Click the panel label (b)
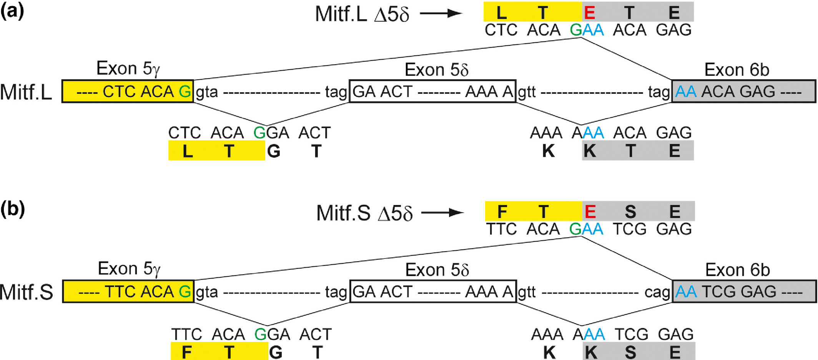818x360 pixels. coord(13,210)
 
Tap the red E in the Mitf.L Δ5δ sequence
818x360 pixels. coord(590,13)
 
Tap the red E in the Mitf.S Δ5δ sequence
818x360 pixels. coord(590,212)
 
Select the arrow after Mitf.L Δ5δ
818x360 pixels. coord(441,13)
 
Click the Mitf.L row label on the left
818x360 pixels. coord(26,92)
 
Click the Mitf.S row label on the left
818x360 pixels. coord(26,292)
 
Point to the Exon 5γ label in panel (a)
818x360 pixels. coord(128,68)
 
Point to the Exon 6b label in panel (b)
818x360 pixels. coord(737,270)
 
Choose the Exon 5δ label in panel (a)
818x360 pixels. coord(437,70)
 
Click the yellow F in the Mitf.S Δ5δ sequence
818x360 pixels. coord(502,212)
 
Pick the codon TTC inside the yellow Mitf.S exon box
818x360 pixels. coord(120,292)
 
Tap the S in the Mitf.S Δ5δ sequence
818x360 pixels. coord(630,212)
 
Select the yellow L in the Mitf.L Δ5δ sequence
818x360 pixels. coord(501,13)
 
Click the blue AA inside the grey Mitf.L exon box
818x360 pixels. coord(686,92)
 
